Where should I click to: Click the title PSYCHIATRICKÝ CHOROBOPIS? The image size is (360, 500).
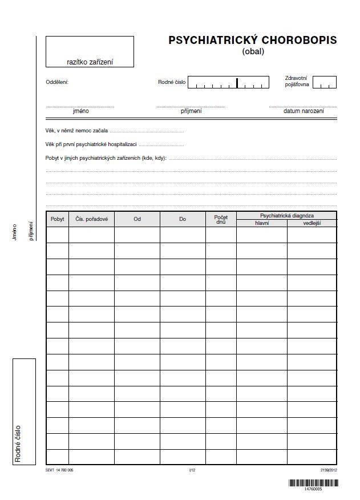(x=252, y=41)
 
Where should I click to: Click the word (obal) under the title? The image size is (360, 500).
(x=253, y=51)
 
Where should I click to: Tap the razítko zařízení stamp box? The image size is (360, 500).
(x=90, y=51)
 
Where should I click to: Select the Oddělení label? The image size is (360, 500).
(x=57, y=82)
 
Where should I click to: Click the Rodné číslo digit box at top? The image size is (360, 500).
(x=228, y=83)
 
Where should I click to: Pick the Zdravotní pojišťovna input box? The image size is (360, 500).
(x=324, y=83)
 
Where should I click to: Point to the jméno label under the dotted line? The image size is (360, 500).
(x=80, y=111)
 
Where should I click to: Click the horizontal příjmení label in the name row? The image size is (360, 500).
(x=191, y=111)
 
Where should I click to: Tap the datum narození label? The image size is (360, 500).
(x=303, y=111)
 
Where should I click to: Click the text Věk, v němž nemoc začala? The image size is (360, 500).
(x=76, y=131)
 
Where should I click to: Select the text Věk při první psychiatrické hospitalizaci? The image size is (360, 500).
(x=91, y=144)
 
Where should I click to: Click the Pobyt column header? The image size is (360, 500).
(x=57, y=219)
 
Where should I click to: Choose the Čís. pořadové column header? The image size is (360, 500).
(x=91, y=219)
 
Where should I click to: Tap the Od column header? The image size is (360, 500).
(x=137, y=219)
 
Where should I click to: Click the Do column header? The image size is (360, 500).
(x=183, y=219)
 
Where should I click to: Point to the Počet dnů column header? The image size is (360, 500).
(x=221, y=219)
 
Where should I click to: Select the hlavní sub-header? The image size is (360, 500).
(x=261, y=223)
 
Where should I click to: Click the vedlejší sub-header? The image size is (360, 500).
(x=312, y=223)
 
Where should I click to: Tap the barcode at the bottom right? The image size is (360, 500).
(x=313, y=483)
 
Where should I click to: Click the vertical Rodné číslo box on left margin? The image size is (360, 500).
(x=24, y=411)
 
